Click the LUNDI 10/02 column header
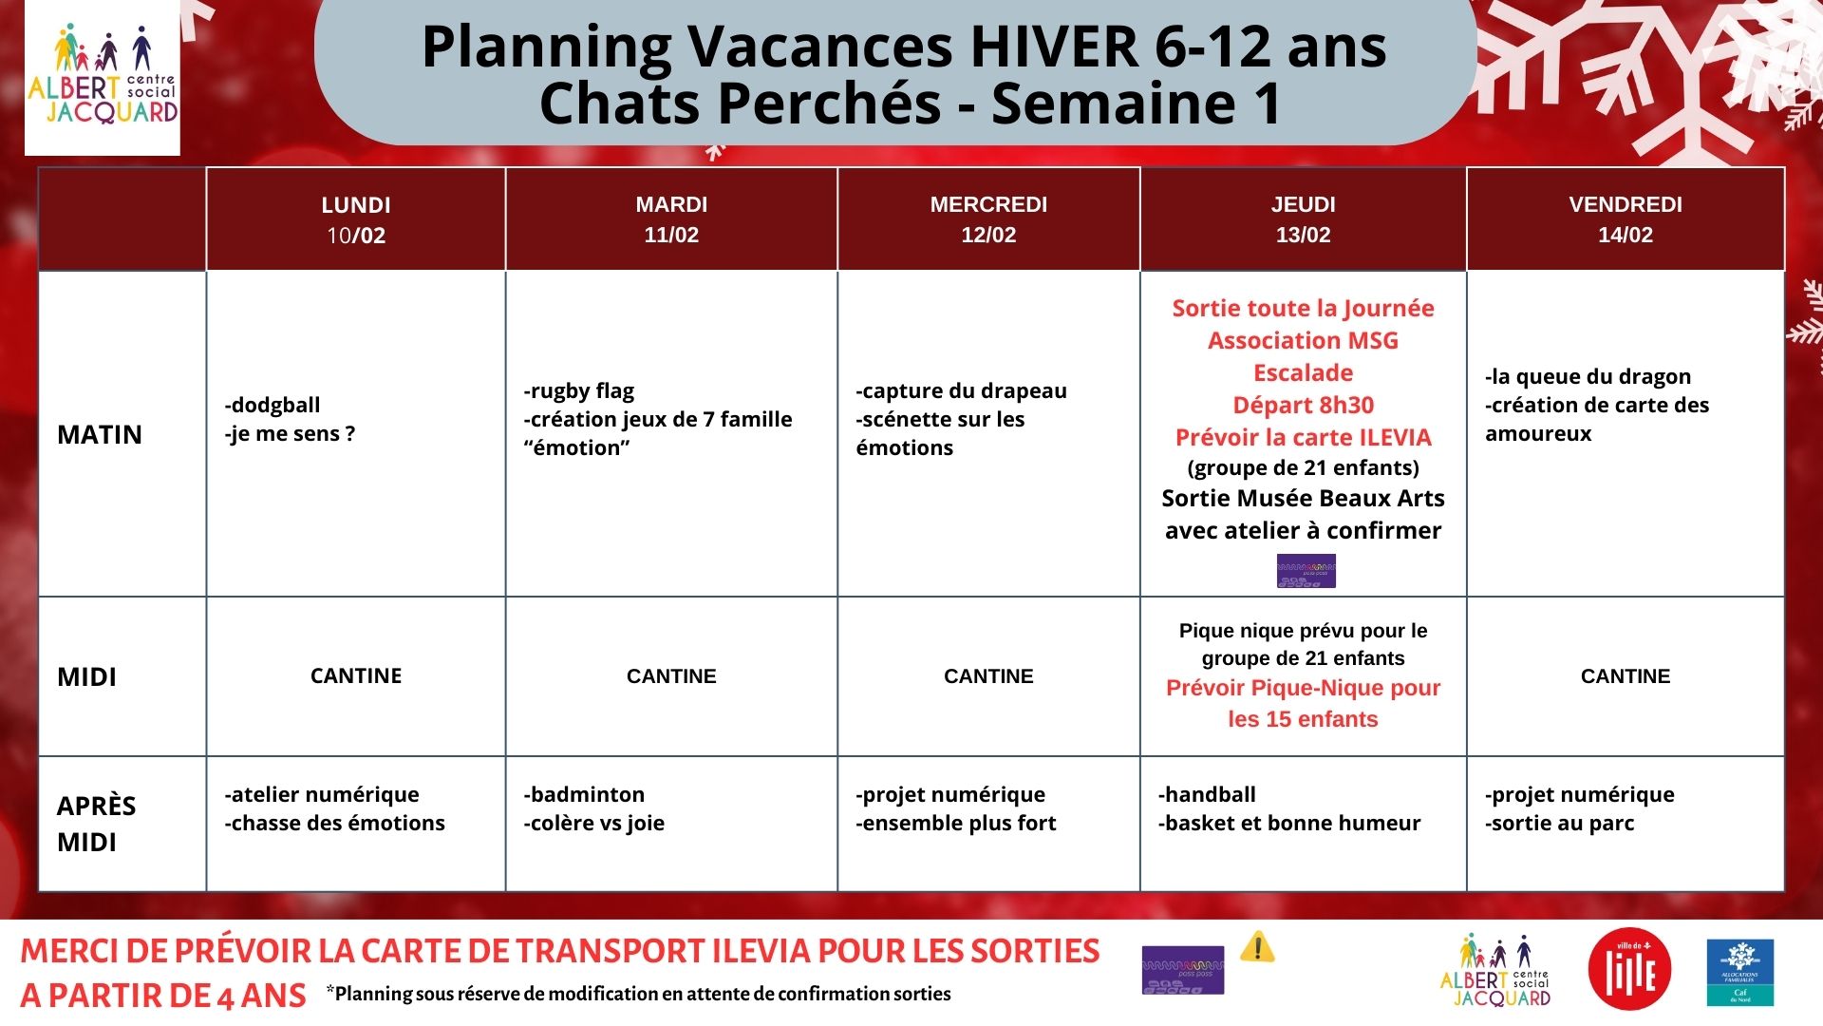tap(356, 219)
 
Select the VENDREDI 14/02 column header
tap(1625, 219)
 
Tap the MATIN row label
tap(100, 434)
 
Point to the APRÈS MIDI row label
tap(96, 823)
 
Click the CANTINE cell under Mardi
tap(671, 676)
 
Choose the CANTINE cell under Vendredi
tap(1625, 676)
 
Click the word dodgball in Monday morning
tap(275, 405)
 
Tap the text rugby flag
tap(581, 390)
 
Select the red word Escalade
tap(1303, 372)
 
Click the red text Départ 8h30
tap(1303, 405)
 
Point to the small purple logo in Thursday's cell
tap(1306, 571)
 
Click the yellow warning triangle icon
tap(1257, 946)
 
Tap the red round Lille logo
tap(1629, 970)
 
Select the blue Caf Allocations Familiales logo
tap(1739, 972)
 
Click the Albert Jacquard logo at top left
tap(103, 78)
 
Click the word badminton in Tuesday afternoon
tap(587, 794)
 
